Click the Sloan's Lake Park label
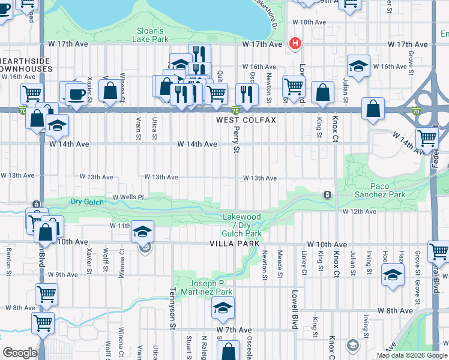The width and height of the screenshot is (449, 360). click(149, 35)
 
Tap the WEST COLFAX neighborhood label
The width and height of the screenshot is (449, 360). click(246, 120)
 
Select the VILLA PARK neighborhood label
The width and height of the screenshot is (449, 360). click(235, 243)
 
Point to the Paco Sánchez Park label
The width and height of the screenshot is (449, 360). click(388, 190)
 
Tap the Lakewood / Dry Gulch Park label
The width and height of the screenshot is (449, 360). click(242, 225)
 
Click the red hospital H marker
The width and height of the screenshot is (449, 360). click(295, 43)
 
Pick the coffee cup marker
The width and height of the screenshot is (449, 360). click(76, 94)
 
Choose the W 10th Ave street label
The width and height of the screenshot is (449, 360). click(327, 245)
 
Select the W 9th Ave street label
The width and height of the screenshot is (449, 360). click(64, 274)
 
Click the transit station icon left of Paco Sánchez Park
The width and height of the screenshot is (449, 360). click(327, 195)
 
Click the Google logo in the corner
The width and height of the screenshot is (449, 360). click(20, 353)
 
